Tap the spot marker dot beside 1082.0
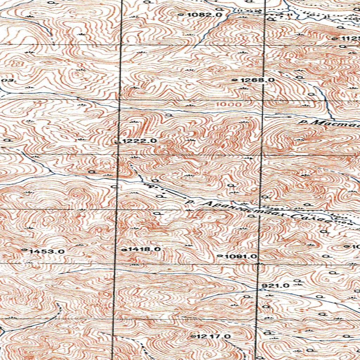181,15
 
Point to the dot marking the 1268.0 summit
234,80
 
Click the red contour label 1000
229,104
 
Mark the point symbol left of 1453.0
24,250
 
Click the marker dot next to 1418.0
124,250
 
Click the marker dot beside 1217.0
192,336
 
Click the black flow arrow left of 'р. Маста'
278,115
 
